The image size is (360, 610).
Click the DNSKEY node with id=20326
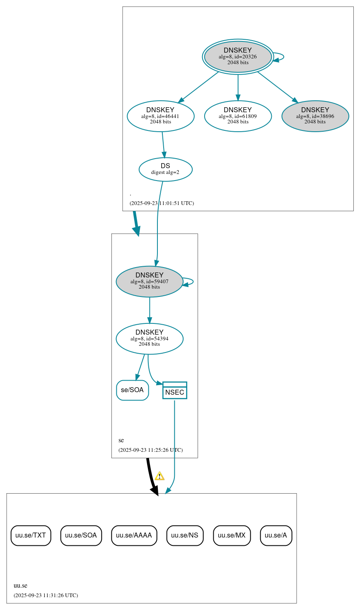tap(238, 57)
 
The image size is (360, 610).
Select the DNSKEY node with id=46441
tap(160, 116)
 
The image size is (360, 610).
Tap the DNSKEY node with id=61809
tap(238, 116)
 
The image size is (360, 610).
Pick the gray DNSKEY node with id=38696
tap(315, 116)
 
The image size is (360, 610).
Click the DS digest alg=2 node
tap(165, 169)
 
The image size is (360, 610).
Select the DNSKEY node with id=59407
tap(149, 281)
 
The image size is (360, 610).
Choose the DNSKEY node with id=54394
tap(149, 338)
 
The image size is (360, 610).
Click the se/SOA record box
tap(132, 390)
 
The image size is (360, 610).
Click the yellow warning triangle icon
tap(159, 476)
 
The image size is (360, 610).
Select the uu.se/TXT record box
tap(31, 535)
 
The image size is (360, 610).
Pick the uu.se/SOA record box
tap(81, 535)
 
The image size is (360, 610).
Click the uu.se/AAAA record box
tap(134, 535)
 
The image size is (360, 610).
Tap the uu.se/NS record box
tap(185, 535)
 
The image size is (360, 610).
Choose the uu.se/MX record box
tap(232, 535)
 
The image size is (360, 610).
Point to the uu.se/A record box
tap(276, 535)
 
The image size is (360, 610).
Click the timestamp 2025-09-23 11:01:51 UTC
tap(162, 203)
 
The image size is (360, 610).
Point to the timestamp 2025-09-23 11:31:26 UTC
tap(46, 596)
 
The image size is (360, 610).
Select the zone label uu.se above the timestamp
tap(20, 586)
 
